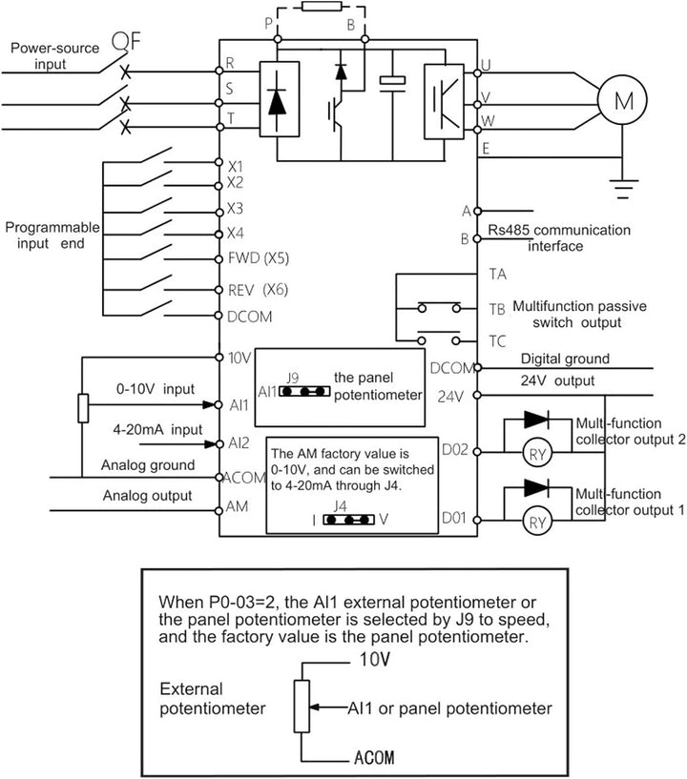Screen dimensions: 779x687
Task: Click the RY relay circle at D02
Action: (538, 454)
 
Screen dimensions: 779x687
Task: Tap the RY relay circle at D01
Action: (538, 521)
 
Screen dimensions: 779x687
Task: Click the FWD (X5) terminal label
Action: (259, 257)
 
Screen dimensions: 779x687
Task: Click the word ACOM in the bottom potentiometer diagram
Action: (373, 759)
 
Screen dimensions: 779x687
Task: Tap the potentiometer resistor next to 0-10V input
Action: (83, 407)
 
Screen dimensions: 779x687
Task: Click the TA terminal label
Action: (496, 274)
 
